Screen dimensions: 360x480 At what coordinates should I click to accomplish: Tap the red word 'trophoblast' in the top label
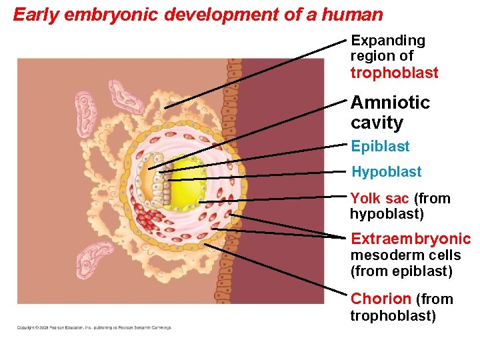(394, 73)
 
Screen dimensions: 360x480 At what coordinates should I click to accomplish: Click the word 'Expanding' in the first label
(387, 41)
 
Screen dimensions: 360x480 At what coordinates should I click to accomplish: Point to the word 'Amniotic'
(390, 103)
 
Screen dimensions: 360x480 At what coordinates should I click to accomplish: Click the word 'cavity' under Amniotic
(377, 123)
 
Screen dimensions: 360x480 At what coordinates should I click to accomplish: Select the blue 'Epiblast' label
(380, 147)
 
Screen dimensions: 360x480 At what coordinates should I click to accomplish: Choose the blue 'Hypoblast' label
(386, 172)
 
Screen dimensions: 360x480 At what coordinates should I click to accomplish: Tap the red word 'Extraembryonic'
(410, 239)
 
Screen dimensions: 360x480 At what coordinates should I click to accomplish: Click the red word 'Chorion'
(381, 299)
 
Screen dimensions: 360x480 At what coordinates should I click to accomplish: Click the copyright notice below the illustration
(94, 327)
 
